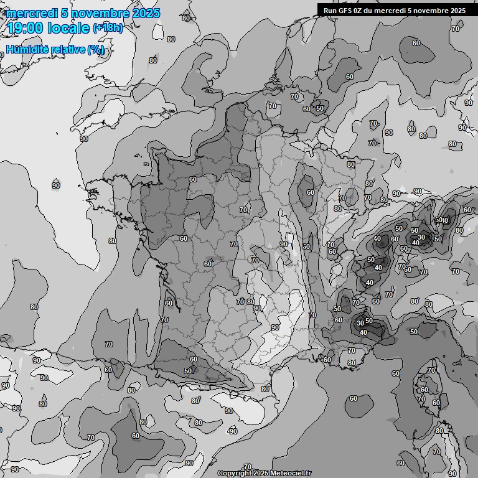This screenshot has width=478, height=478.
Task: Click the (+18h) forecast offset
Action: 108,28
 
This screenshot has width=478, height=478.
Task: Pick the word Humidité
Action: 27,49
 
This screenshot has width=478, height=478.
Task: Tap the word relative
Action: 67,49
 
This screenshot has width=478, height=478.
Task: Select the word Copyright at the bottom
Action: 235,474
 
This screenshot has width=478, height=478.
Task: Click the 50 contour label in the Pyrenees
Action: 188,371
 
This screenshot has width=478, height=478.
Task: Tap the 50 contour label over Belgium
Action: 320,108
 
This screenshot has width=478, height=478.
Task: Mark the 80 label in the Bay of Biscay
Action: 112,241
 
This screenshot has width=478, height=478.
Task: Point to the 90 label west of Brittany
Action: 56,185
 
